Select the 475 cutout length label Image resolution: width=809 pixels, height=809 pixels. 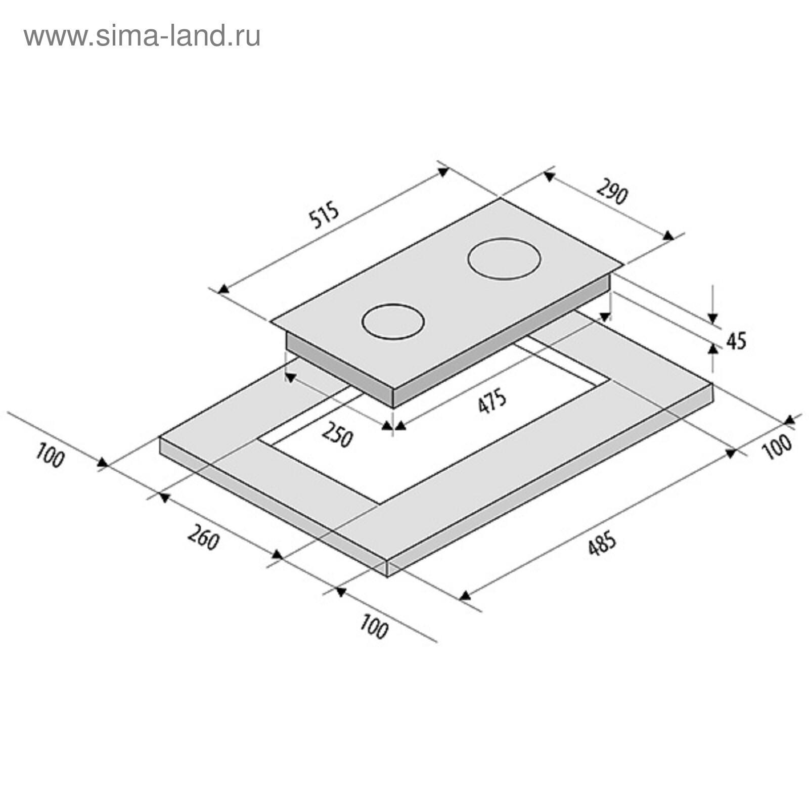[492, 401]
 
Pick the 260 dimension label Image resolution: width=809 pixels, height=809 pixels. [203, 537]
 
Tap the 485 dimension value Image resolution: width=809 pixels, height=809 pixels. [602, 543]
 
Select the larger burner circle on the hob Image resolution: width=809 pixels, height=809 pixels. [504, 258]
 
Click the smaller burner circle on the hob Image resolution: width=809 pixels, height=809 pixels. [393, 322]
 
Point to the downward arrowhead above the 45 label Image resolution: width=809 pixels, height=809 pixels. [713, 318]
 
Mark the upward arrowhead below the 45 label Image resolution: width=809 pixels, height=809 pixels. [713, 348]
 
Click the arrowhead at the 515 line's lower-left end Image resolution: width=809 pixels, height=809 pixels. [223, 289]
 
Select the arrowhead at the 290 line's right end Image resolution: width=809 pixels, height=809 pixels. [668, 235]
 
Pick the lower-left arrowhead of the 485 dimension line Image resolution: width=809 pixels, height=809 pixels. [465, 595]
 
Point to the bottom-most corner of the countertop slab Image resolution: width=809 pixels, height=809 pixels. [387, 577]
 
